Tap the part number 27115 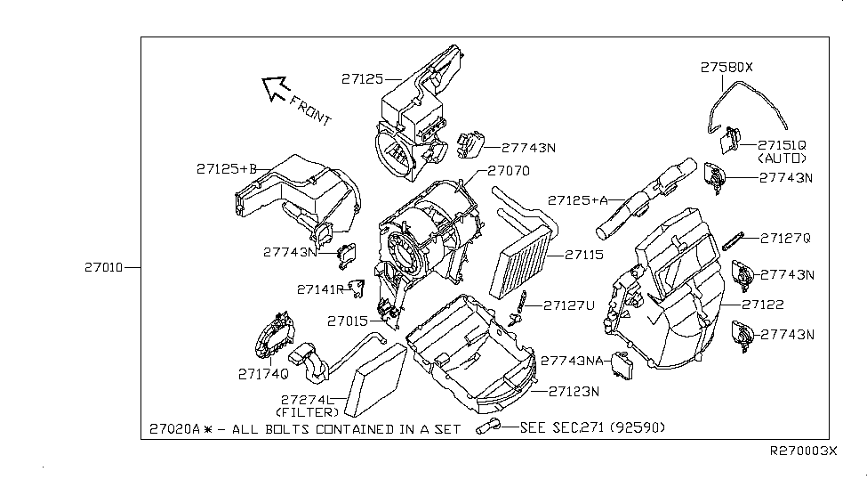pyautogui.click(x=584, y=255)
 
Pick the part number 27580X pyautogui.click(x=726, y=67)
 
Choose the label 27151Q pyautogui.click(x=782, y=144)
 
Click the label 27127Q pyautogui.click(x=786, y=238)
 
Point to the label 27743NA pyautogui.click(x=573, y=362)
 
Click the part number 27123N pyautogui.click(x=574, y=391)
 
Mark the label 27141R pyautogui.click(x=320, y=289)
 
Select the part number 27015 pyautogui.click(x=346, y=321)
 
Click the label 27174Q pyautogui.click(x=262, y=373)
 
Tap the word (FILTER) pyautogui.click(x=307, y=412)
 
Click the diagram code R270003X pyautogui.click(x=803, y=451)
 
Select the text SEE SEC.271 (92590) pyautogui.click(x=592, y=428)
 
